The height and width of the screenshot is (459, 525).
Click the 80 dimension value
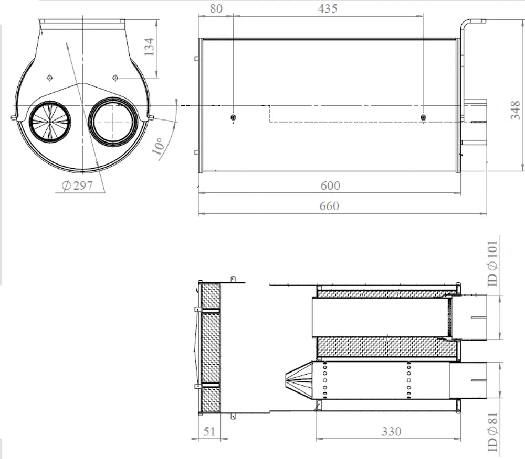click(216, 9)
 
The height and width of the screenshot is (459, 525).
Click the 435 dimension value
click(328, 9)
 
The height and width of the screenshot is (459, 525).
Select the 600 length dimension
click(330, 185)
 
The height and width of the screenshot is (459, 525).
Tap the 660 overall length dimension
click(329, 206)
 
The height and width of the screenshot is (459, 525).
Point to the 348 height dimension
click(516, 110)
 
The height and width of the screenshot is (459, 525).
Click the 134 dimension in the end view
click(149, 47)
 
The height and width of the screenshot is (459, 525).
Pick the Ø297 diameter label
click(77, 185)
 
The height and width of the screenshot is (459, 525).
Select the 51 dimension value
click(209, 431)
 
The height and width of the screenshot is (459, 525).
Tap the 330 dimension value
click(392, 432)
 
